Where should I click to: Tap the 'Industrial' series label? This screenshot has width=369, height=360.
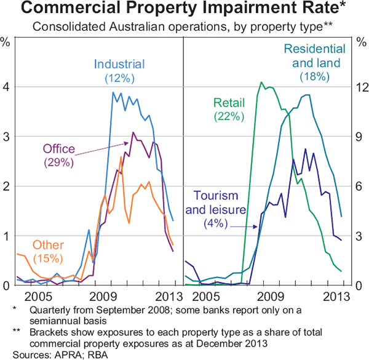(119, 63)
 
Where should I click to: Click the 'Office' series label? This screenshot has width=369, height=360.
(58, 149)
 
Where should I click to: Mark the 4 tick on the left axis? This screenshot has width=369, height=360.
(6, 87)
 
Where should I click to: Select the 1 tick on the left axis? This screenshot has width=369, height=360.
(6, 236)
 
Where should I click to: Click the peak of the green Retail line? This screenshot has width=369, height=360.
(261, 82)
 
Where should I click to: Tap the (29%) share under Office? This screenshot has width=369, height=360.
(58, 162)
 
